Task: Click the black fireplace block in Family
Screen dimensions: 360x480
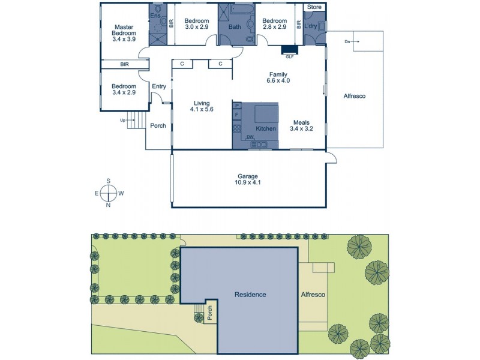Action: pyautogui.click(x=289, y=50)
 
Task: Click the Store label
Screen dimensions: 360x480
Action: pyautogui.click(x=314, y=7)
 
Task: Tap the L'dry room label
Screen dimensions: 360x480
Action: pyautogui.click(x=310, y=26)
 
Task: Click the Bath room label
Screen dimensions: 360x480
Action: pyautogui.click(x=235, y=26)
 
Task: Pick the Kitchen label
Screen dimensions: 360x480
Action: pyautogui.click(x=266, y=129)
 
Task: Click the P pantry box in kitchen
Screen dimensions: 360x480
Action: pyautogui.click(x=236, y=106)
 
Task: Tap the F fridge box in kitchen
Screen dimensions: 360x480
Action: pyautogui.click(x=236, y=115)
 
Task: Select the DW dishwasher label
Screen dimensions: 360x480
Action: pyautogui.click(x=250, y=137)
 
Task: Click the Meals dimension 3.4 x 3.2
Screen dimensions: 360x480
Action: pyautogui.click(x=302, y=128)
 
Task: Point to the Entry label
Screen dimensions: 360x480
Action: pyautogui.click(x=158, y=86)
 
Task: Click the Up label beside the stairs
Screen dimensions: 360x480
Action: pyautogui.click(x=124, y=120)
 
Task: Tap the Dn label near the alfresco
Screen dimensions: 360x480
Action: pyautogui.click(x=348, y=41)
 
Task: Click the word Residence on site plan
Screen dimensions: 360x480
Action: pyautogui.click(x=250, y=295)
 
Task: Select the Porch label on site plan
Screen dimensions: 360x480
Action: pyautogui.click(x=209, y=311)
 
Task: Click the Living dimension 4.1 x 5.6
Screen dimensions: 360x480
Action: pyautogui.click(x=202, y=110)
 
